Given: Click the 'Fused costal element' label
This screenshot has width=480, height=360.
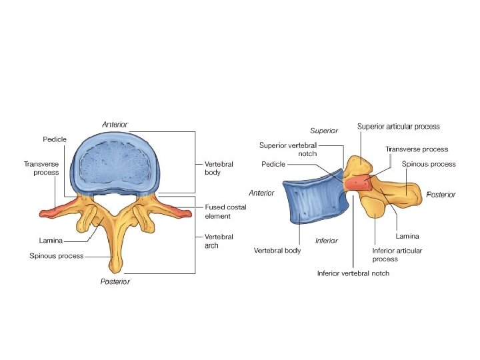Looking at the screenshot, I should (225, 211).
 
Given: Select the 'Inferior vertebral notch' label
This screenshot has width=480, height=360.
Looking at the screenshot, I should (353, 273).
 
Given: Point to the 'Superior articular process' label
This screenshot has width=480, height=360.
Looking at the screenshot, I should (398, 126).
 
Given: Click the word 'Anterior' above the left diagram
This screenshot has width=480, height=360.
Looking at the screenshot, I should (115, 125).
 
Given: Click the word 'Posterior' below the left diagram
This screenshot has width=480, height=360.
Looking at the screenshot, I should (115, 281).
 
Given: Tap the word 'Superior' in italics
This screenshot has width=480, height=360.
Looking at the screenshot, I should (325, 131).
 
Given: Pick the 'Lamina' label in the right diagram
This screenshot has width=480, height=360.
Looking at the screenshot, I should (407, 235).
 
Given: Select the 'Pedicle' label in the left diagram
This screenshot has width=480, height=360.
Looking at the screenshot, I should (53, 139).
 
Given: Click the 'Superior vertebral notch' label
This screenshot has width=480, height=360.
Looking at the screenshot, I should (288, 149).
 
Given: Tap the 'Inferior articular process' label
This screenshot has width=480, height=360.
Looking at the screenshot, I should (397, 255).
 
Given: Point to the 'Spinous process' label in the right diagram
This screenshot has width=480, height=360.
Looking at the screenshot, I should (429, 164).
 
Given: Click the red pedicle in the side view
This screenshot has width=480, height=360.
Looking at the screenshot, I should (358, 182).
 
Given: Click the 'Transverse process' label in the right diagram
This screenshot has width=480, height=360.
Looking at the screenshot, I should (417, 149).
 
